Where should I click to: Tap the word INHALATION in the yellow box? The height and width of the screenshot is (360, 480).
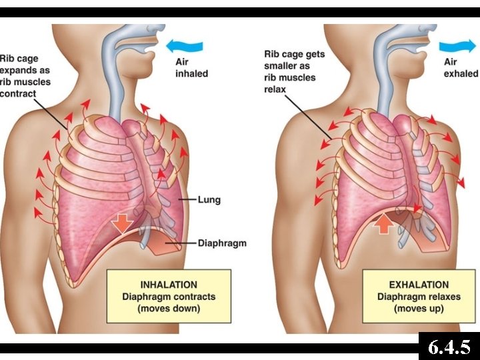coord(169,285)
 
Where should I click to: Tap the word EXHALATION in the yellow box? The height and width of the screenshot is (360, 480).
coord(418,285)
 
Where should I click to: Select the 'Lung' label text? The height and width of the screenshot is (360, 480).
coord(209,199)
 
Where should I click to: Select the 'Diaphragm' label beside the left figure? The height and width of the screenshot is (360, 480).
coord(222,243)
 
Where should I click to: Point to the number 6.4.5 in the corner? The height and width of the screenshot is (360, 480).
coord(449,347)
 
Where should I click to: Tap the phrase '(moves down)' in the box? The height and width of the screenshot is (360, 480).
coord(169,309)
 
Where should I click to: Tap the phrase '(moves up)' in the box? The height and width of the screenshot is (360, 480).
coord(418,309)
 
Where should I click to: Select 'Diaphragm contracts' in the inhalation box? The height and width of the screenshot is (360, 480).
coord(169,297)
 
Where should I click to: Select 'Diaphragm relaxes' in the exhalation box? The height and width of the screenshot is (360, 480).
coord(418,297)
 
